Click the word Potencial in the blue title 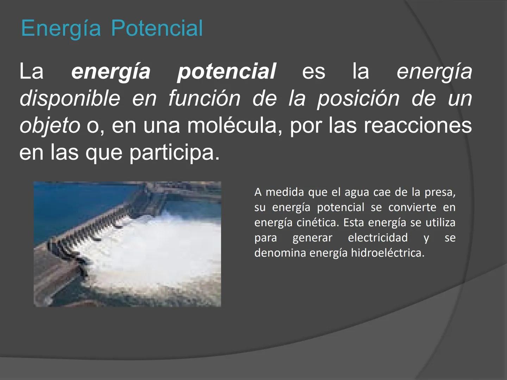pos(157,28)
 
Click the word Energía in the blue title pos(61,28)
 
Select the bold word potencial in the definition pos(226,71)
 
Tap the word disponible pos(70,98)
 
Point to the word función pos(204,98)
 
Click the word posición pos(358,98)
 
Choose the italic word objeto pos(50,125)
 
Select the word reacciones pos(417,125)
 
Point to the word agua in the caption pos(357,192)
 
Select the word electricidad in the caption pos(377,237)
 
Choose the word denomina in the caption pos(280,253)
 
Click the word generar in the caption pos(312,238)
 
